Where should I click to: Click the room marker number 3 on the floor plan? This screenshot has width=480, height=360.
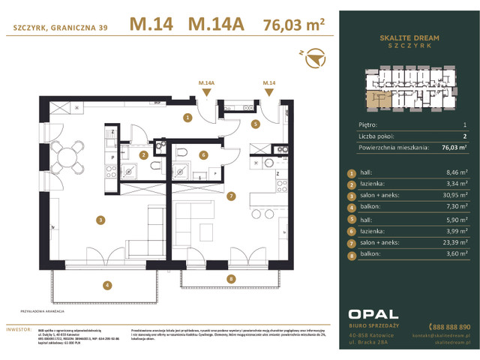coord(99,220)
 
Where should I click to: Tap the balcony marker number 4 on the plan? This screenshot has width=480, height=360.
coord(107,285)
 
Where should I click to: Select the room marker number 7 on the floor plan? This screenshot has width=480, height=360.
coord(231,196)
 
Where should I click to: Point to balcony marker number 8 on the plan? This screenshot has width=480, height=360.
coord(231,279)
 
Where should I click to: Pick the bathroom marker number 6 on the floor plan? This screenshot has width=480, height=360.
coord(202,155)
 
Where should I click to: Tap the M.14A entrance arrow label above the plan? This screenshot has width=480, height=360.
coord(206,84)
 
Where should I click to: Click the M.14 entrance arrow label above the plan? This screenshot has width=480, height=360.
coord(269,84)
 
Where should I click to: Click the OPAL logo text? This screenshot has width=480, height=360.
coord(373,313)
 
